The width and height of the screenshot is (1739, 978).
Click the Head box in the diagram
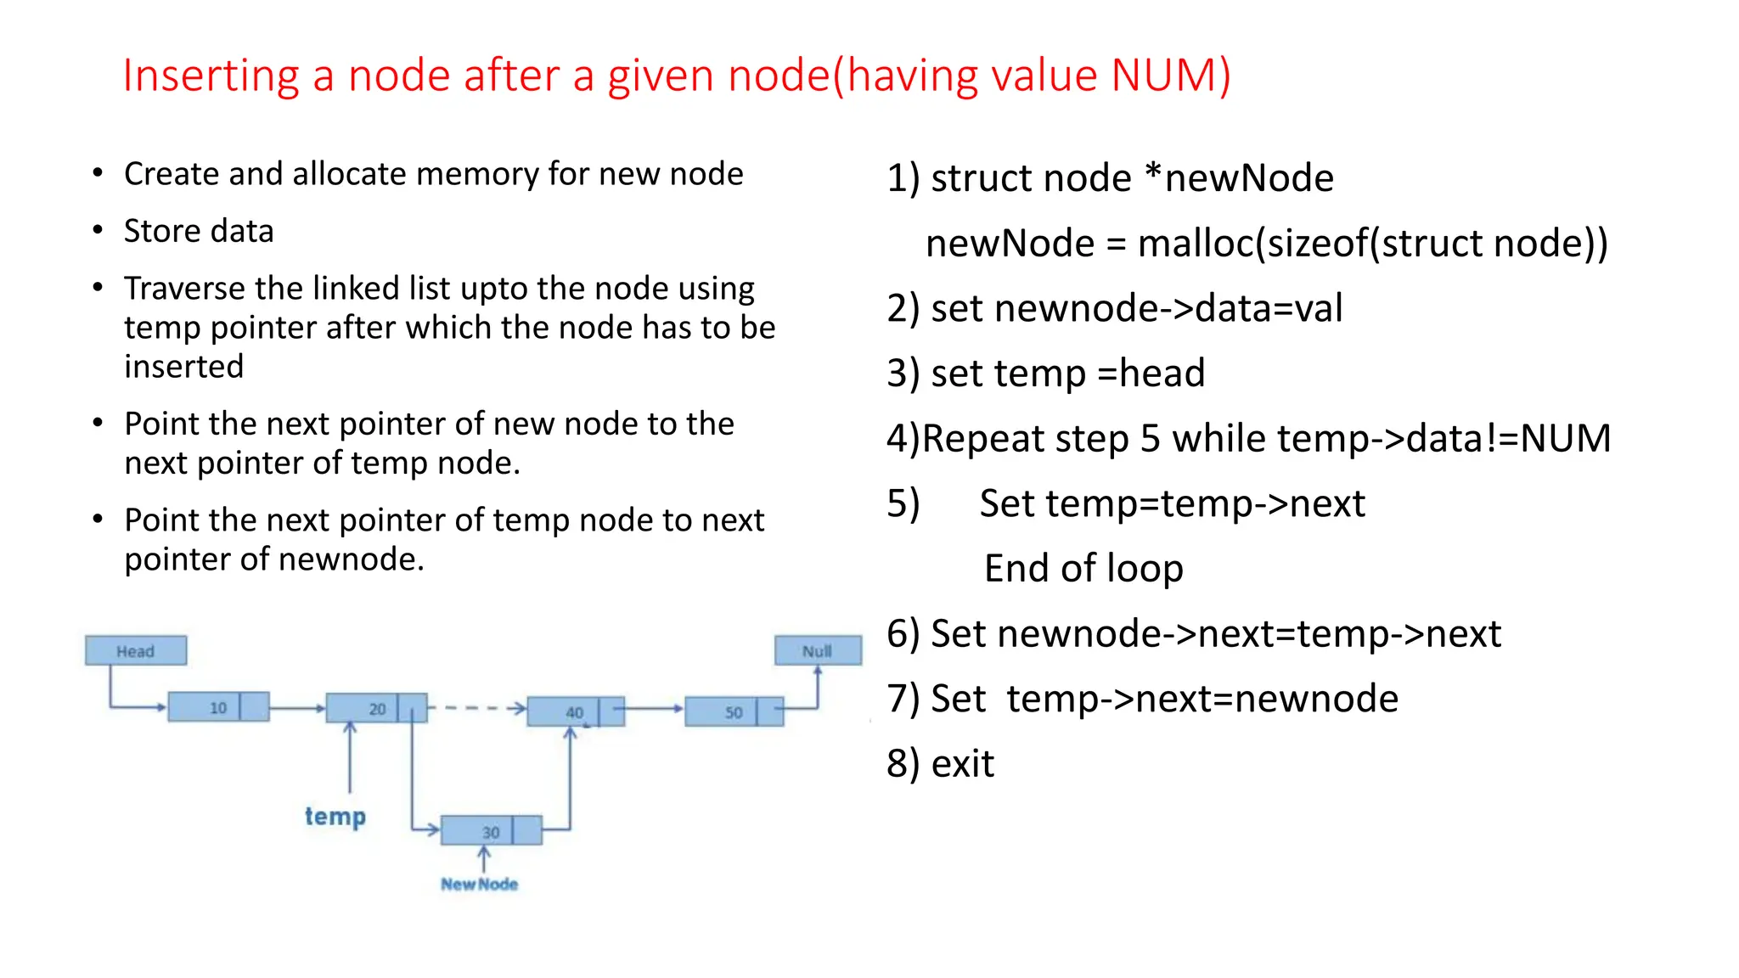click(x=136, y=651)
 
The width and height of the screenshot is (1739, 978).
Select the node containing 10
click(x=218, y=707)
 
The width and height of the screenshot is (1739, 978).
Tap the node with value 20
click(x=376, y=708)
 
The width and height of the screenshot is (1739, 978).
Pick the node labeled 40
click(x=575, y=711)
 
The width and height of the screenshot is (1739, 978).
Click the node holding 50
click(x=734, y=711)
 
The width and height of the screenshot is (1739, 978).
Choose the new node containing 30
click(x=491, y=831)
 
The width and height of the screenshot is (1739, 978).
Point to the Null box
click(x=818, y=651)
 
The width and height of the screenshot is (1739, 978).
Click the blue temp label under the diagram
click(x=335, y=816)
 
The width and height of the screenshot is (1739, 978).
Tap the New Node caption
click(x=479, y=884)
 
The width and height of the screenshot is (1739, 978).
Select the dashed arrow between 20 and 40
click(x=476, y=708)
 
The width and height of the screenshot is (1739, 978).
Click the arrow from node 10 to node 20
click(x=297, y=708)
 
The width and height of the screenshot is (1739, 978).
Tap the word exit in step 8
click(x=962, y=764)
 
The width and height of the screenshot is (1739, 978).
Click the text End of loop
click(x=1083, y=568)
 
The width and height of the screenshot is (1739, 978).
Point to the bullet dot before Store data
click(x=98, y=230)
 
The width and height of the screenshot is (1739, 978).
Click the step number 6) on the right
click(x=903, y=634)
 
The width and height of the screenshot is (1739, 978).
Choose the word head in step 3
click(x=1162, y=374)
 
